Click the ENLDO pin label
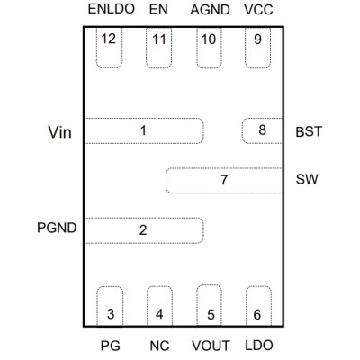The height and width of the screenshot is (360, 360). tap(112, 9)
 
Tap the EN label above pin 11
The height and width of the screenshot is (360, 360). tap(158, 9)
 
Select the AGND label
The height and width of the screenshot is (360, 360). tap(210, 10)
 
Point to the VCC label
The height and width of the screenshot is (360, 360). tap(258, 10)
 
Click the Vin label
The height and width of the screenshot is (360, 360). tap(59, 132)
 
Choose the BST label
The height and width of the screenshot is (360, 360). tap(309, 131)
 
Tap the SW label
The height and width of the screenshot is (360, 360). tap(307, 179)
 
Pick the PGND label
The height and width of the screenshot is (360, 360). tap(57, 228)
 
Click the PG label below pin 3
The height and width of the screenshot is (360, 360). tap(111, 346)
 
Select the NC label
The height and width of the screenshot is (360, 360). tap(159, 346)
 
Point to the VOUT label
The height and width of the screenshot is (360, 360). tap(211, 346)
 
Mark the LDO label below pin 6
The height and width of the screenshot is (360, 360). tap(259, 346)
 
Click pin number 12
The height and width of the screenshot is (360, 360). tap(108, 39)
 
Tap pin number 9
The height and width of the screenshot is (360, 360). tap(257, 39)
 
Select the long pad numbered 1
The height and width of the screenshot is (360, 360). tap(144, 130)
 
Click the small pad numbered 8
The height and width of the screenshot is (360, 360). tap(263, 130)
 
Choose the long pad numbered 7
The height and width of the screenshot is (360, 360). tap(224, 180)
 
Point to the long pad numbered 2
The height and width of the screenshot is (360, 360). tap(144, 230)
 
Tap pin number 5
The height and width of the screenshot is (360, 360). tap(211, 314)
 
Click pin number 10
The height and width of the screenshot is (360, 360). tap(209, 40)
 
